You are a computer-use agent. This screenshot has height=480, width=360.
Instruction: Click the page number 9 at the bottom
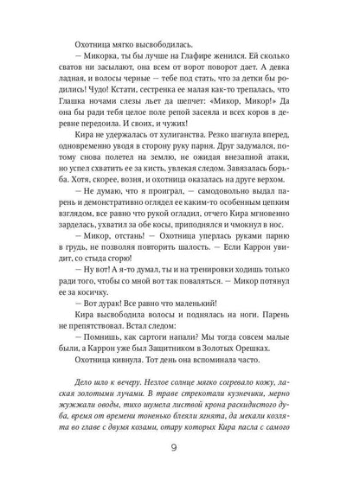pyautogui.click(x=179, y=448)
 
